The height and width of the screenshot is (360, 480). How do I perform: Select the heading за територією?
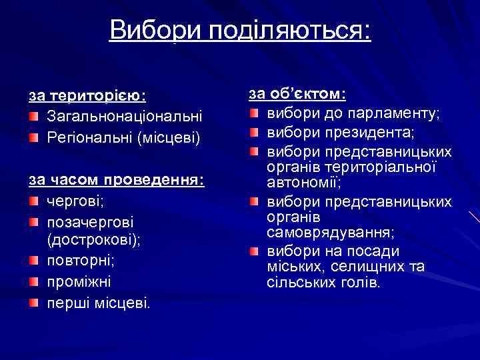87,95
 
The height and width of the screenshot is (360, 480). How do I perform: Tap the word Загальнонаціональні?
124,117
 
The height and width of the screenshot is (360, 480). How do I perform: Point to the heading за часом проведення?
116,180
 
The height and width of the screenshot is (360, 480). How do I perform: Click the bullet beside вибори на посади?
253,252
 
